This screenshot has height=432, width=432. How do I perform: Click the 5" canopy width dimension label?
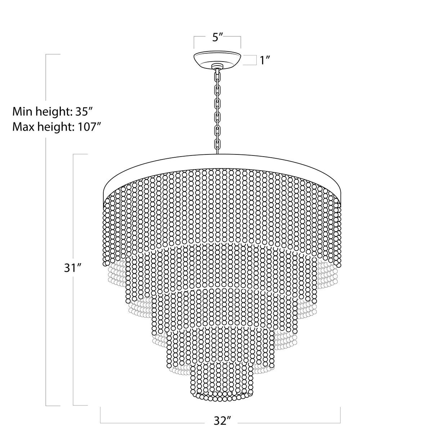[217, 37]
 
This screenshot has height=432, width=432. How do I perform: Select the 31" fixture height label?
[71, 268]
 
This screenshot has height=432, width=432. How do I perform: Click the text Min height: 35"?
[53, 112]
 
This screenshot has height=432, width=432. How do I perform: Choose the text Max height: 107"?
[56, 127]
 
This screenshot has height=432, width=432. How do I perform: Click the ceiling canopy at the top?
[217, 60]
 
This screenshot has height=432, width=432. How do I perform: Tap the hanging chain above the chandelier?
[217, 112]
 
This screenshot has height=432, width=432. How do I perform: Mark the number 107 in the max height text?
[87, 127]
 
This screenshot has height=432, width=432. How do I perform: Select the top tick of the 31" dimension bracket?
[80, 154]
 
